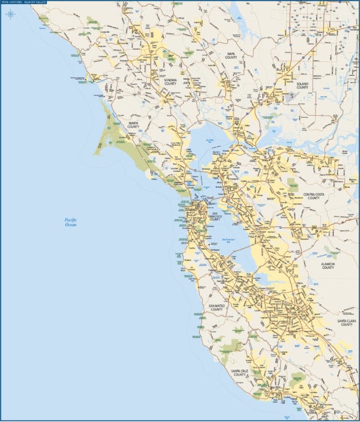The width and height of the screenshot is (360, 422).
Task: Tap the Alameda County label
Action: (328, 265)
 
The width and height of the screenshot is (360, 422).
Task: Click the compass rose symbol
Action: (10, 14)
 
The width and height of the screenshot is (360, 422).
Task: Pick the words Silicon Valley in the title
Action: (35, 3)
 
